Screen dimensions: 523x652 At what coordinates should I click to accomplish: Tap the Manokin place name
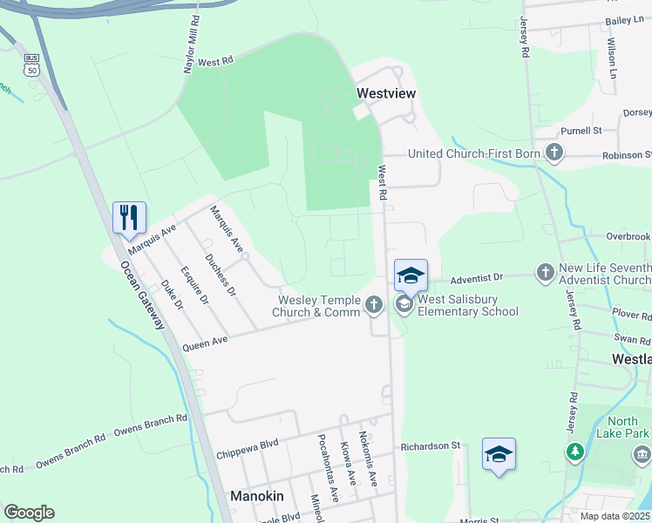(x=257, y=496)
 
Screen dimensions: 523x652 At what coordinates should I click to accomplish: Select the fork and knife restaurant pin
(x=130, y=218)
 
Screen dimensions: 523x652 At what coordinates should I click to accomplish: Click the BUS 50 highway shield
(x=32, y=69)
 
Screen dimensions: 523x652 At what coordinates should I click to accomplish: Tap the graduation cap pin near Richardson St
(x=499, y=455)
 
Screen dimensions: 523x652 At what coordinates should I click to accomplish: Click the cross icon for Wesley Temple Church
(x=374, y=304)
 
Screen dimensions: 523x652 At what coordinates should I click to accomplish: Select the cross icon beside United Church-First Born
(x=553, y=153)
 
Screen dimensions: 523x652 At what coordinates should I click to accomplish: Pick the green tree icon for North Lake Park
(x=574, y=451)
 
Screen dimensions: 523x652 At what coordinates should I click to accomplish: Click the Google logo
(x=29, y=513)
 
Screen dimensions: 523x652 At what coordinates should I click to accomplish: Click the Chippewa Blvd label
(x=247, y=450)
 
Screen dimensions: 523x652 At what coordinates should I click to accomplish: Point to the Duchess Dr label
(x=219, y=274)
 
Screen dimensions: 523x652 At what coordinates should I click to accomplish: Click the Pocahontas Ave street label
(x=328, y=468)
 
